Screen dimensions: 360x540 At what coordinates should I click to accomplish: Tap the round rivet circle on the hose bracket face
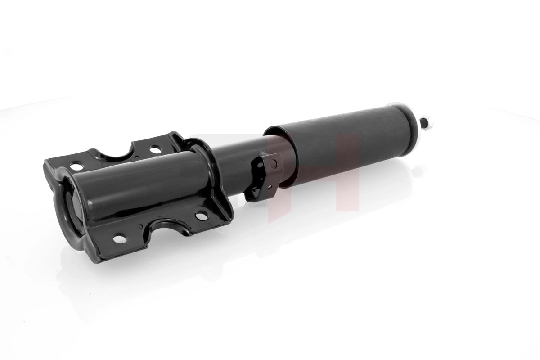point(273,164)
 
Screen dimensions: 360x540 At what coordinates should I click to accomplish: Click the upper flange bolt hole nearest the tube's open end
point(76,166)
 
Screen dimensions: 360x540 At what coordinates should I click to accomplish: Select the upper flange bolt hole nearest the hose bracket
point(155,148)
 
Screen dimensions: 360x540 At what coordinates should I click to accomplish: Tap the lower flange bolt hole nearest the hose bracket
point(201,216)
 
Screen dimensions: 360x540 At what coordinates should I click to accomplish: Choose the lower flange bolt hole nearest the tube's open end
point(120,239)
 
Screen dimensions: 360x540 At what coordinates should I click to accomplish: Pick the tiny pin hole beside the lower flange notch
point(140,226)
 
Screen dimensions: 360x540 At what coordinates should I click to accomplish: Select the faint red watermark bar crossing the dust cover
point(351,171)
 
